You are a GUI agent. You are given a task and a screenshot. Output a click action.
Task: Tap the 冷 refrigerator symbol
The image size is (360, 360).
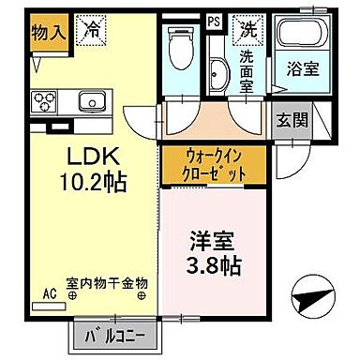[92, 30]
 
